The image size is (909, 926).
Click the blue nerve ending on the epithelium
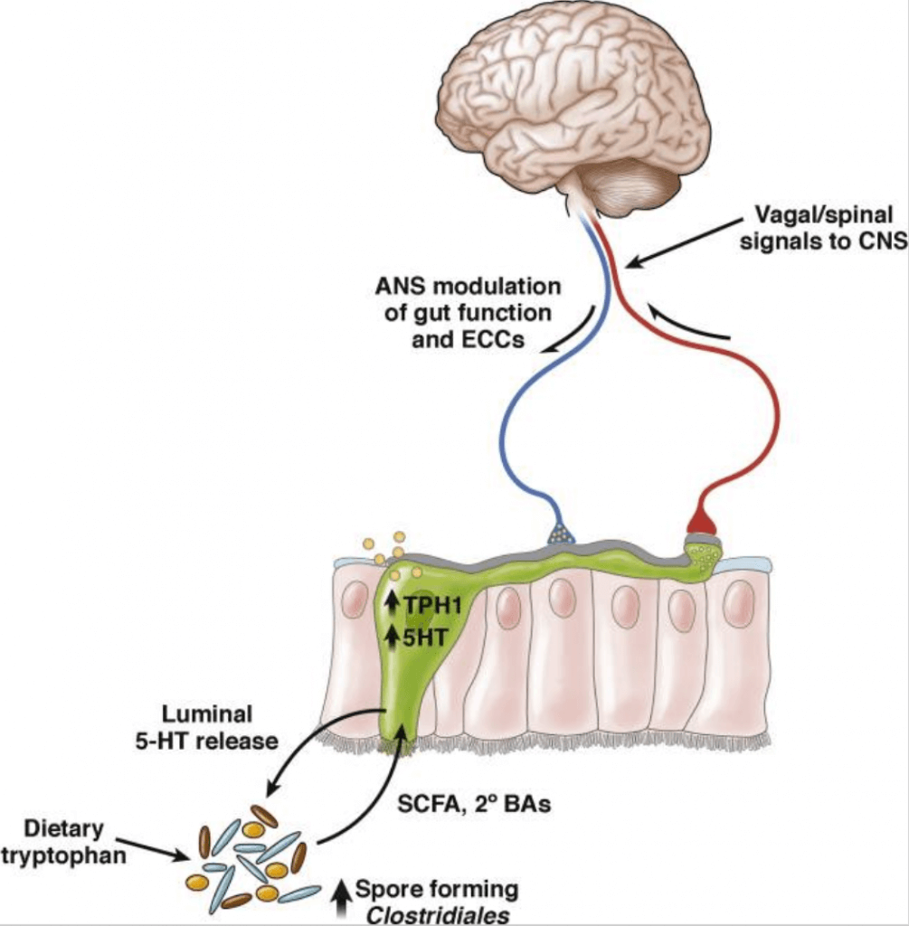pyautogui.click(x=561, y=535)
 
